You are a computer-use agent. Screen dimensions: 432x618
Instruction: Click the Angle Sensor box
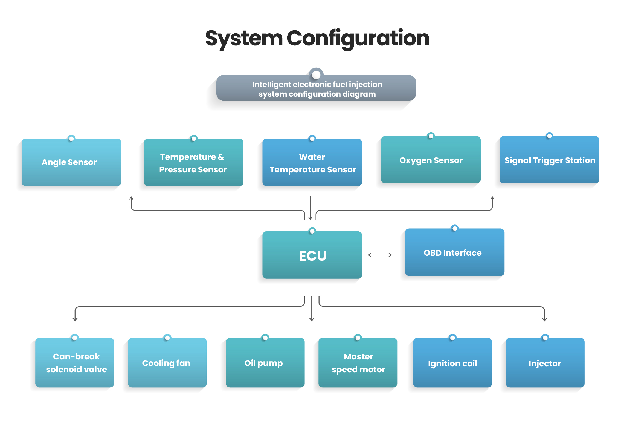(x=71, y=162)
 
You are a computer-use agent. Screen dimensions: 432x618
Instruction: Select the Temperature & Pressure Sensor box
(x=193, y=163)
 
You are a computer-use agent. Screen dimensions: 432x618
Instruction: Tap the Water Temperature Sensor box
(x=312, y=163)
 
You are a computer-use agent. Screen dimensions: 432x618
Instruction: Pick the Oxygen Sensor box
(x=431, y=160)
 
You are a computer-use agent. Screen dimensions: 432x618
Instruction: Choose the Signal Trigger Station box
(x=549, y=160)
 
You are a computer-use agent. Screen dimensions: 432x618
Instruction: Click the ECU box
(x=312, y=255)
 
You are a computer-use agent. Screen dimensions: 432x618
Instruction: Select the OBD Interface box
(x=454, y=252)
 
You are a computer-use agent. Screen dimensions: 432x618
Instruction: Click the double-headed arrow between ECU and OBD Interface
(x=380, y=255)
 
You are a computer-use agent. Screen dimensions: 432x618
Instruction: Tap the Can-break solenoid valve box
(x=75, y=363)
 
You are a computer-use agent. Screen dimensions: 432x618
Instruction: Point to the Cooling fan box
(x=167, y=363)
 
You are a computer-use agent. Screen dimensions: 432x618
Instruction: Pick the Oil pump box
(x=265, y=363)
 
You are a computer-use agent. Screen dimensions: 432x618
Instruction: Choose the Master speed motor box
(x=358, y=363)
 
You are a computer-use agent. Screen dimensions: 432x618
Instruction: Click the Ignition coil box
(x=452, y=363)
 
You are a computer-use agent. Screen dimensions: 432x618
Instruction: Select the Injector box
(x=545, y=363)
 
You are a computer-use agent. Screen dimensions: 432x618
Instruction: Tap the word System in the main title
(x=243, y=38)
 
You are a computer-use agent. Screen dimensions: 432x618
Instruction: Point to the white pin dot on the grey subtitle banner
(x=316, y=74)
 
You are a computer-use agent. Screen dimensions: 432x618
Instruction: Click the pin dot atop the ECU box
(x=312, y=231)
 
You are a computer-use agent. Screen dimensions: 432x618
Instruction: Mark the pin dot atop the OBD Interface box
(x=454, y=228)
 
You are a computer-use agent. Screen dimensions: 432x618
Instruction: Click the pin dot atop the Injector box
(x=545, y=338)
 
